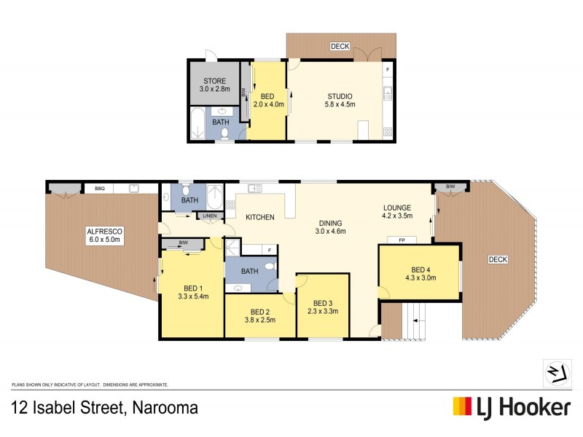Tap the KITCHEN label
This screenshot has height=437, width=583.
259,218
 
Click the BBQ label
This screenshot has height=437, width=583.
100,189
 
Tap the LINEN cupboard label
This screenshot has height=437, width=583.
210,216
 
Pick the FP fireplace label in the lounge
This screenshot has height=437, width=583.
402,240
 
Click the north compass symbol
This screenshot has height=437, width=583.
556,373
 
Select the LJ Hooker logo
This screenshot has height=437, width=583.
511,407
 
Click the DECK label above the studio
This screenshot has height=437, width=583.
340,47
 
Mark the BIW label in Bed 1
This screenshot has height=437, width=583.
184,243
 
